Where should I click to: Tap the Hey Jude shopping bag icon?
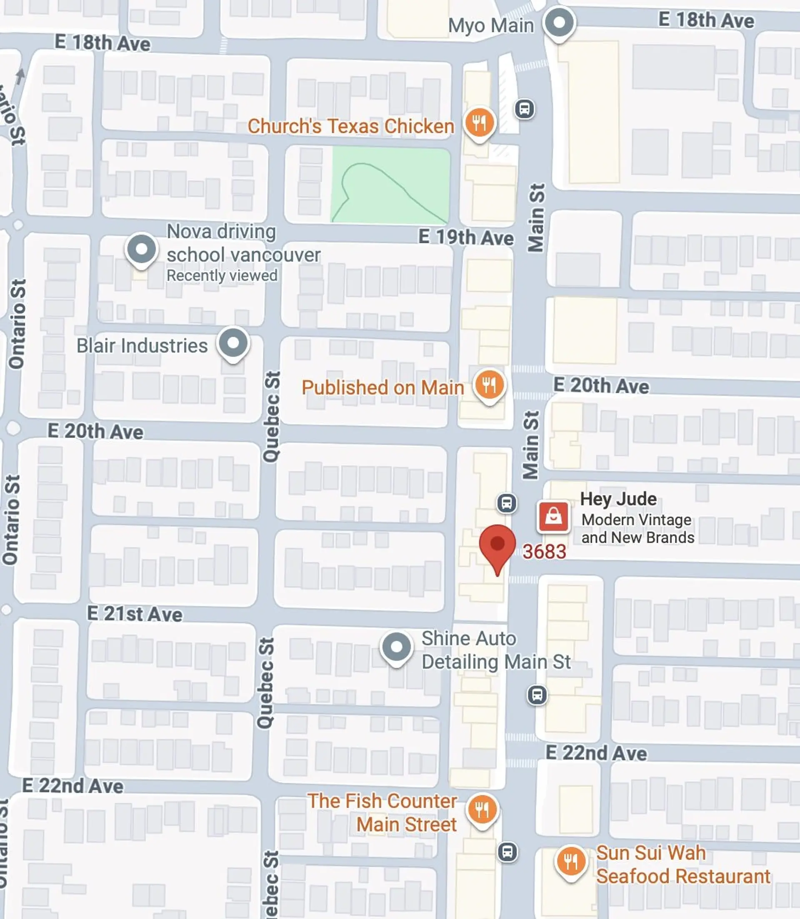pyautogui.click(x=554, y=517)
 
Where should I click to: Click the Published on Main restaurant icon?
pyautogui.click(x=490, y=384)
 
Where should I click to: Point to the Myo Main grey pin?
pyautogui.click(x=559, y=23)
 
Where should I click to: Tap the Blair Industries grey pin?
pyautogui.click(x=233, y=343)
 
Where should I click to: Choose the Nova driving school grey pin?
pyautogui.click(x=142, y=250)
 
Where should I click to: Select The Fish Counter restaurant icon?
pyautogui.click(x=482, y=809)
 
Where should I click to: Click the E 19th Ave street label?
pyautogui.click(x=466, y=237)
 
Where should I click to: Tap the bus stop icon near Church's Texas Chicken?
pyautogui.click(x=525, y=108)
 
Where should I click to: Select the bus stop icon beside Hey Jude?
pyautogui.click(x=507, y=503)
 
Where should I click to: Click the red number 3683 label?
pyautogui.click(x=544, y=552)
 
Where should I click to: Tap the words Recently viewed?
pyautogui.click(x=222, y=275)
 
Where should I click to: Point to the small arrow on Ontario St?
pyautogui.click(x=20, y=76)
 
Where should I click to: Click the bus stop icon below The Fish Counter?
pyautogui.click(x=507, y=852)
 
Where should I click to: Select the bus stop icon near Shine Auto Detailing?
pyautogui.click(x=537, y=695)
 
